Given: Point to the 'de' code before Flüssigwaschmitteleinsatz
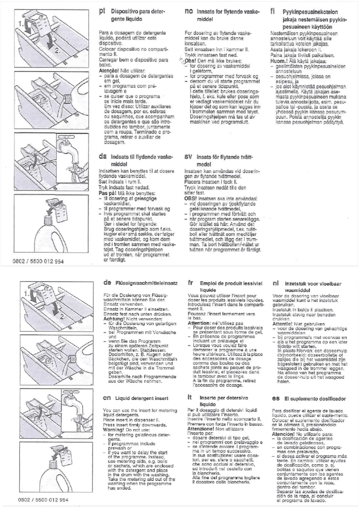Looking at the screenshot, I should click(x=107, y=283).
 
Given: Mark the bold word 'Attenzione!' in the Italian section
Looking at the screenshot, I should click(x=200, y=428).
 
